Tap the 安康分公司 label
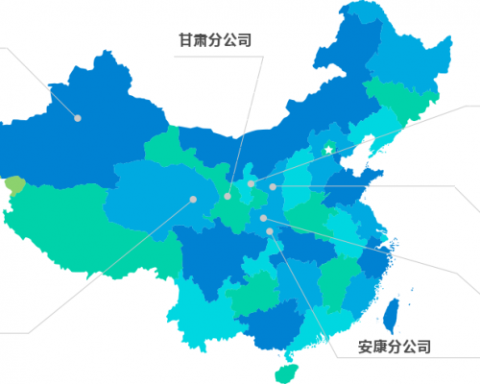pyautogui.click(x=394, y=347)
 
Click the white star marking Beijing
pyautogui.click(x=327, y=149)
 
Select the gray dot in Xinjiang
pyautogui.click(x=79, y=118)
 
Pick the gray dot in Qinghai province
pyautogui.click(x=193, y=200)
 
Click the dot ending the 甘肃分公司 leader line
pyautogui.click(x=228, y=197)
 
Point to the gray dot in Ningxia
pyautogui.click(x=251, y=183)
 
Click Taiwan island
pyautogui.click(x=392, y=313)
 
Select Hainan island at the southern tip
pyautogui.click(x=282, y=368)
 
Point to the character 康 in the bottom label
pyautogui.click(x=381, y=347)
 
